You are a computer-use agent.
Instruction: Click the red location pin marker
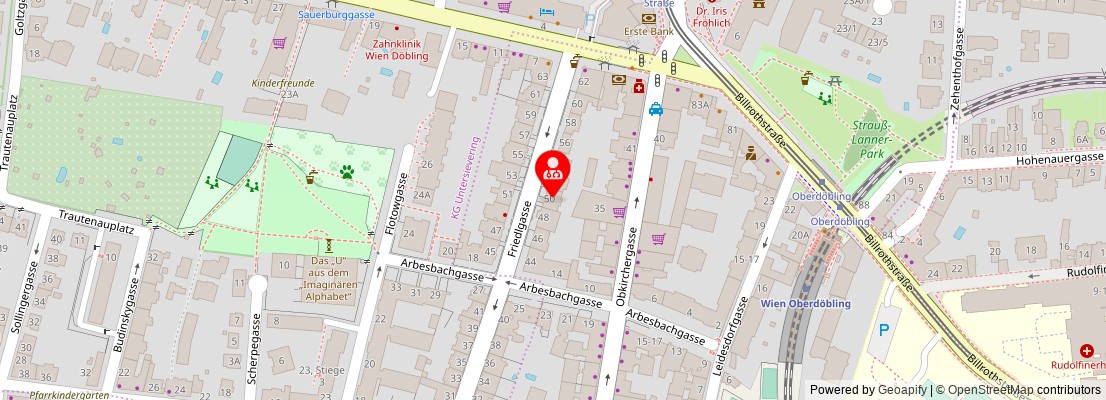(553, 170)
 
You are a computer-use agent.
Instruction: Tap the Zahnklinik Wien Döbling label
(400, 50)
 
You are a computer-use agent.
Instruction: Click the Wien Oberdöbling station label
(805, 304)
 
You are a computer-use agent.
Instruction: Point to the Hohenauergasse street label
(1045, 158)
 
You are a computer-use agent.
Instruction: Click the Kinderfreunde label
(283, 83)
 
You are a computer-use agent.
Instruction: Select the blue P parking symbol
(882, 330)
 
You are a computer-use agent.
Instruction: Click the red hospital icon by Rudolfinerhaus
(1085, 351)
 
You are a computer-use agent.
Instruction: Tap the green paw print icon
(347, 172)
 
